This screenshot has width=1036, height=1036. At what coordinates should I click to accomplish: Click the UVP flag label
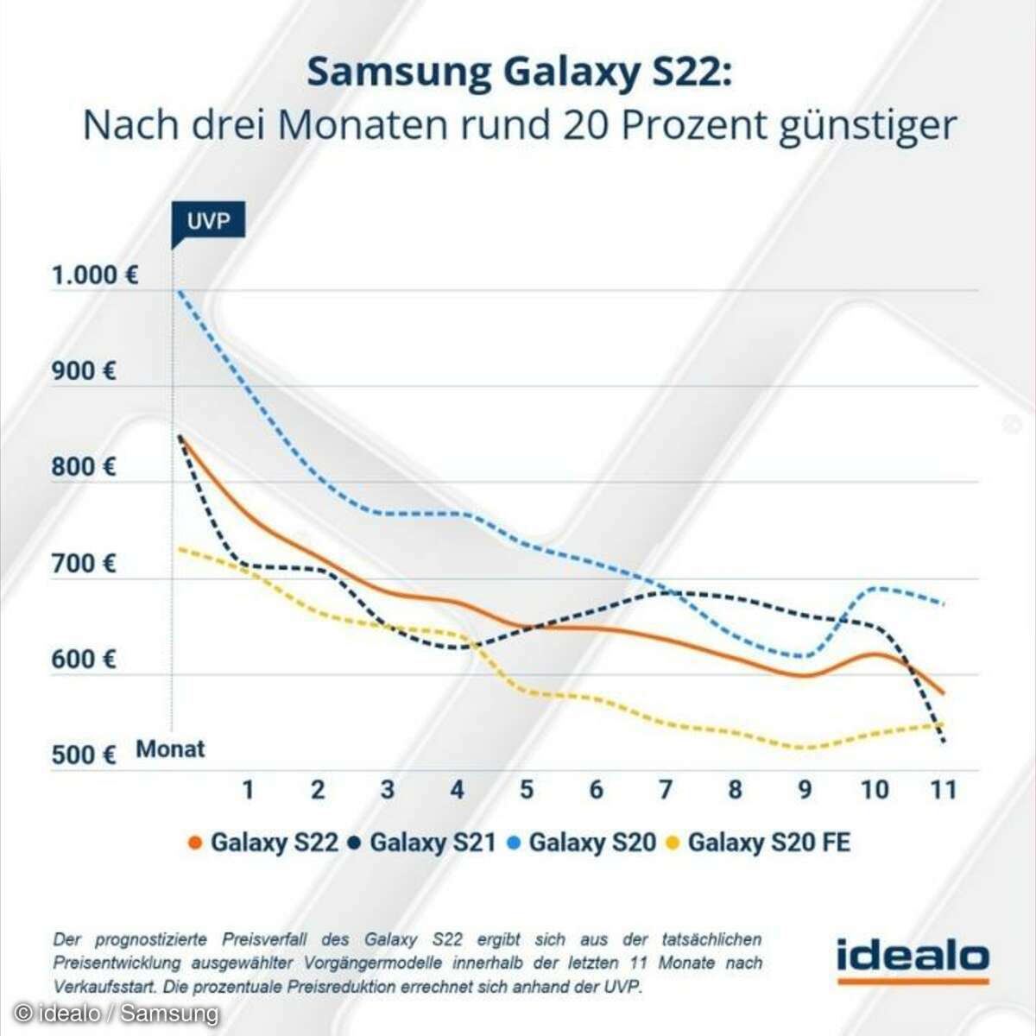click(208, 221)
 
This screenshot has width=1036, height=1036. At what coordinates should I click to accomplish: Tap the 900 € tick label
click(84, 371)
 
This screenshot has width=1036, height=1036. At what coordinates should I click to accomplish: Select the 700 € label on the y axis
click(84, 564)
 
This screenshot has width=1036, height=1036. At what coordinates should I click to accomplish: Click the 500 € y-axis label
click(84, 755)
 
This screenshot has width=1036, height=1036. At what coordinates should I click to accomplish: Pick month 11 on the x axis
click(943, 789)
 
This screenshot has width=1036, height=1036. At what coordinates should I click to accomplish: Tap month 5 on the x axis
click(527, 789)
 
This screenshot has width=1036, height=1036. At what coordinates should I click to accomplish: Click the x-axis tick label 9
click(805, 789)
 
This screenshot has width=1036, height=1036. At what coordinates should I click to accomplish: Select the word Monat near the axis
click(170, 749)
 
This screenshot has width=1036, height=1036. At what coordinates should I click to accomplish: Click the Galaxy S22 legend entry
click(263, 842)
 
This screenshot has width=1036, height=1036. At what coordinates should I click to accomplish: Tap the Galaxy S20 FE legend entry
click(760, 842)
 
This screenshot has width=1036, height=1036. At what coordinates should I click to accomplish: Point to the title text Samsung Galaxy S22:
click(519, 73)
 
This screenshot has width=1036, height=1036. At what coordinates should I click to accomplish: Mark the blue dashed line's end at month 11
click(943, 603)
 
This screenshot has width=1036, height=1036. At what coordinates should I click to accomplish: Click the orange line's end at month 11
click(943, 693)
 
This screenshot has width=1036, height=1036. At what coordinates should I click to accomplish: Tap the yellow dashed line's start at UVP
click(179, 548)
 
